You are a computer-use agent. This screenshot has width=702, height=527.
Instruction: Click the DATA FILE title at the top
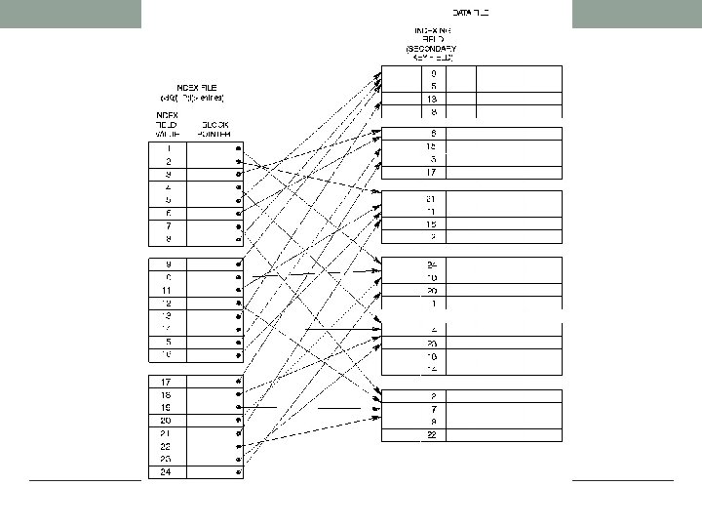tap(471, 13)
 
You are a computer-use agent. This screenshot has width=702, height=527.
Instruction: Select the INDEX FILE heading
tap(192, 86)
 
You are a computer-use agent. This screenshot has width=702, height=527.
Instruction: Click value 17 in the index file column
tap(168, 381)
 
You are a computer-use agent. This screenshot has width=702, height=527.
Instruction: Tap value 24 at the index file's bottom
tap(168, 472)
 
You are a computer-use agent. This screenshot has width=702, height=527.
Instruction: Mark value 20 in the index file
tap(168, 420)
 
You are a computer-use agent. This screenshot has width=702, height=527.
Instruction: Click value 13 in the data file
tap(432, 99)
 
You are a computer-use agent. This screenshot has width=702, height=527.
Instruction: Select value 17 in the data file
tap(432, 173)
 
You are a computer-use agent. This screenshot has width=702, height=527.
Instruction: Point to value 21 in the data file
tap(432, 198)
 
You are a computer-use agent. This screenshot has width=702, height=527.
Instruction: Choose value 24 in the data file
tap(432, 264)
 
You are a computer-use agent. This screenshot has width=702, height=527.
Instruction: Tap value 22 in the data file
tap(432, 435)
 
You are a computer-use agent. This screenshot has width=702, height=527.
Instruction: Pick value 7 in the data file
tap(432, 409)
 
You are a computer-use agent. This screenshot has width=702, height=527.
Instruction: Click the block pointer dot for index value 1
tap(237, 147)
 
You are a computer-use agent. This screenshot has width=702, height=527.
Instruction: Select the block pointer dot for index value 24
tap(237, 472)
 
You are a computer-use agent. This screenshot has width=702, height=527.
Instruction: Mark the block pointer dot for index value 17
tap(237, 381)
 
